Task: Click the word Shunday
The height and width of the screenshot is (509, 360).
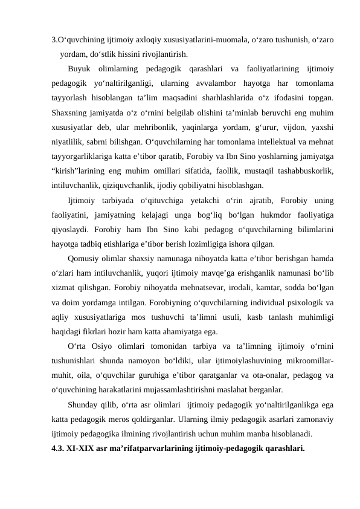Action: [85, 404]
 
